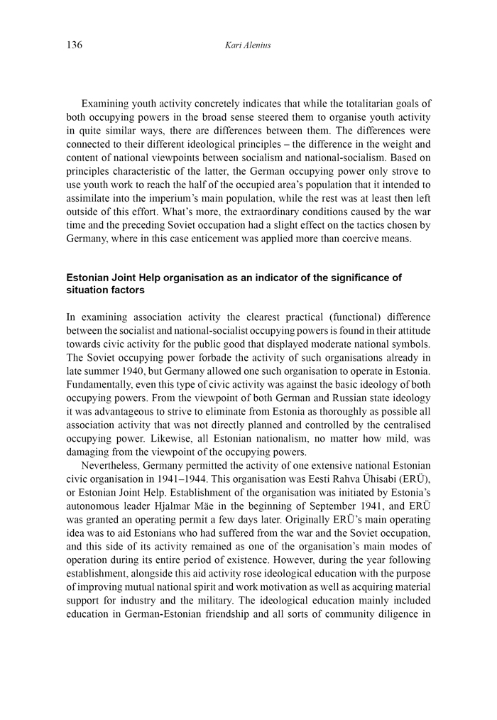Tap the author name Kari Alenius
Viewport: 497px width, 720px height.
(248, 45)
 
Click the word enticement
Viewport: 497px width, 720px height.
(242, 238)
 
